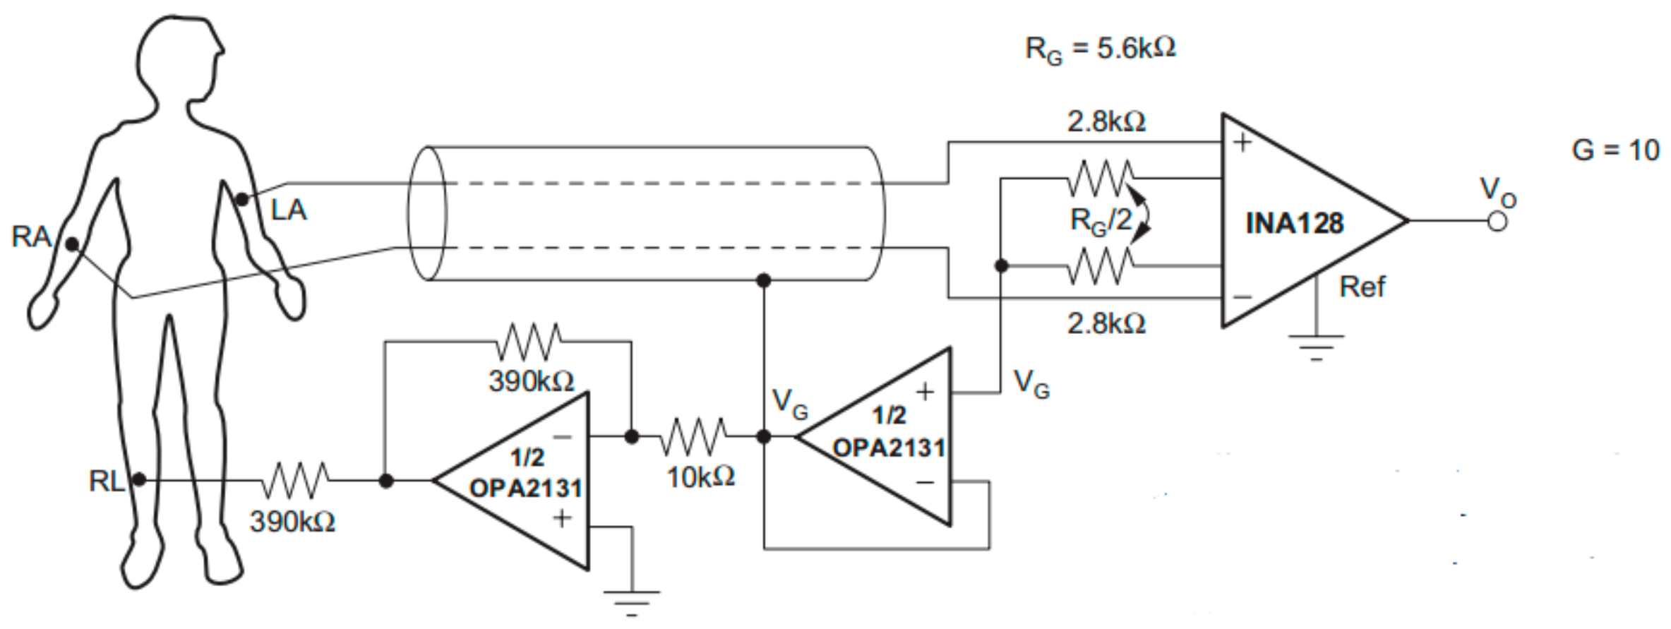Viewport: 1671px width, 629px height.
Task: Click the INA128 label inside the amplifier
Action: coord(1294,224)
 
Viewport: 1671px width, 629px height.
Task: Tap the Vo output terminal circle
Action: coord(1497,221)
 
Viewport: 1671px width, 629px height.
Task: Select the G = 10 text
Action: coord(1615,150)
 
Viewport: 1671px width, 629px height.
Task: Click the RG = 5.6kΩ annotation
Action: coord(1100,49)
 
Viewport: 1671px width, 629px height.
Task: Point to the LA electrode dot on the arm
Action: coord(242,200)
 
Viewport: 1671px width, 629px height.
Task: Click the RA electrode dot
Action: coord(72,244)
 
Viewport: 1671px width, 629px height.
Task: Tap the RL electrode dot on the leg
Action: coord(139,480)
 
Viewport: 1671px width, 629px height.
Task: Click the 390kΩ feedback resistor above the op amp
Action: coord(529,342)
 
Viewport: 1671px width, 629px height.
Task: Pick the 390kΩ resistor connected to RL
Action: coord(295,480)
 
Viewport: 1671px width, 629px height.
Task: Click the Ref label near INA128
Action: coord(1362,287)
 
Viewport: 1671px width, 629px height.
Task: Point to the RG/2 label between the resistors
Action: coord(1101,221)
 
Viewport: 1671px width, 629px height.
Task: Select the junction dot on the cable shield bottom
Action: coord(763,280)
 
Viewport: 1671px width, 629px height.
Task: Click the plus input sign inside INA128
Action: coord(1242,143)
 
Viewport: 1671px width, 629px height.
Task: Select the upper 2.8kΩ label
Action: coord(1106,122)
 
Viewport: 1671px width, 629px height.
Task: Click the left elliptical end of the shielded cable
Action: coord(427,213)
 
